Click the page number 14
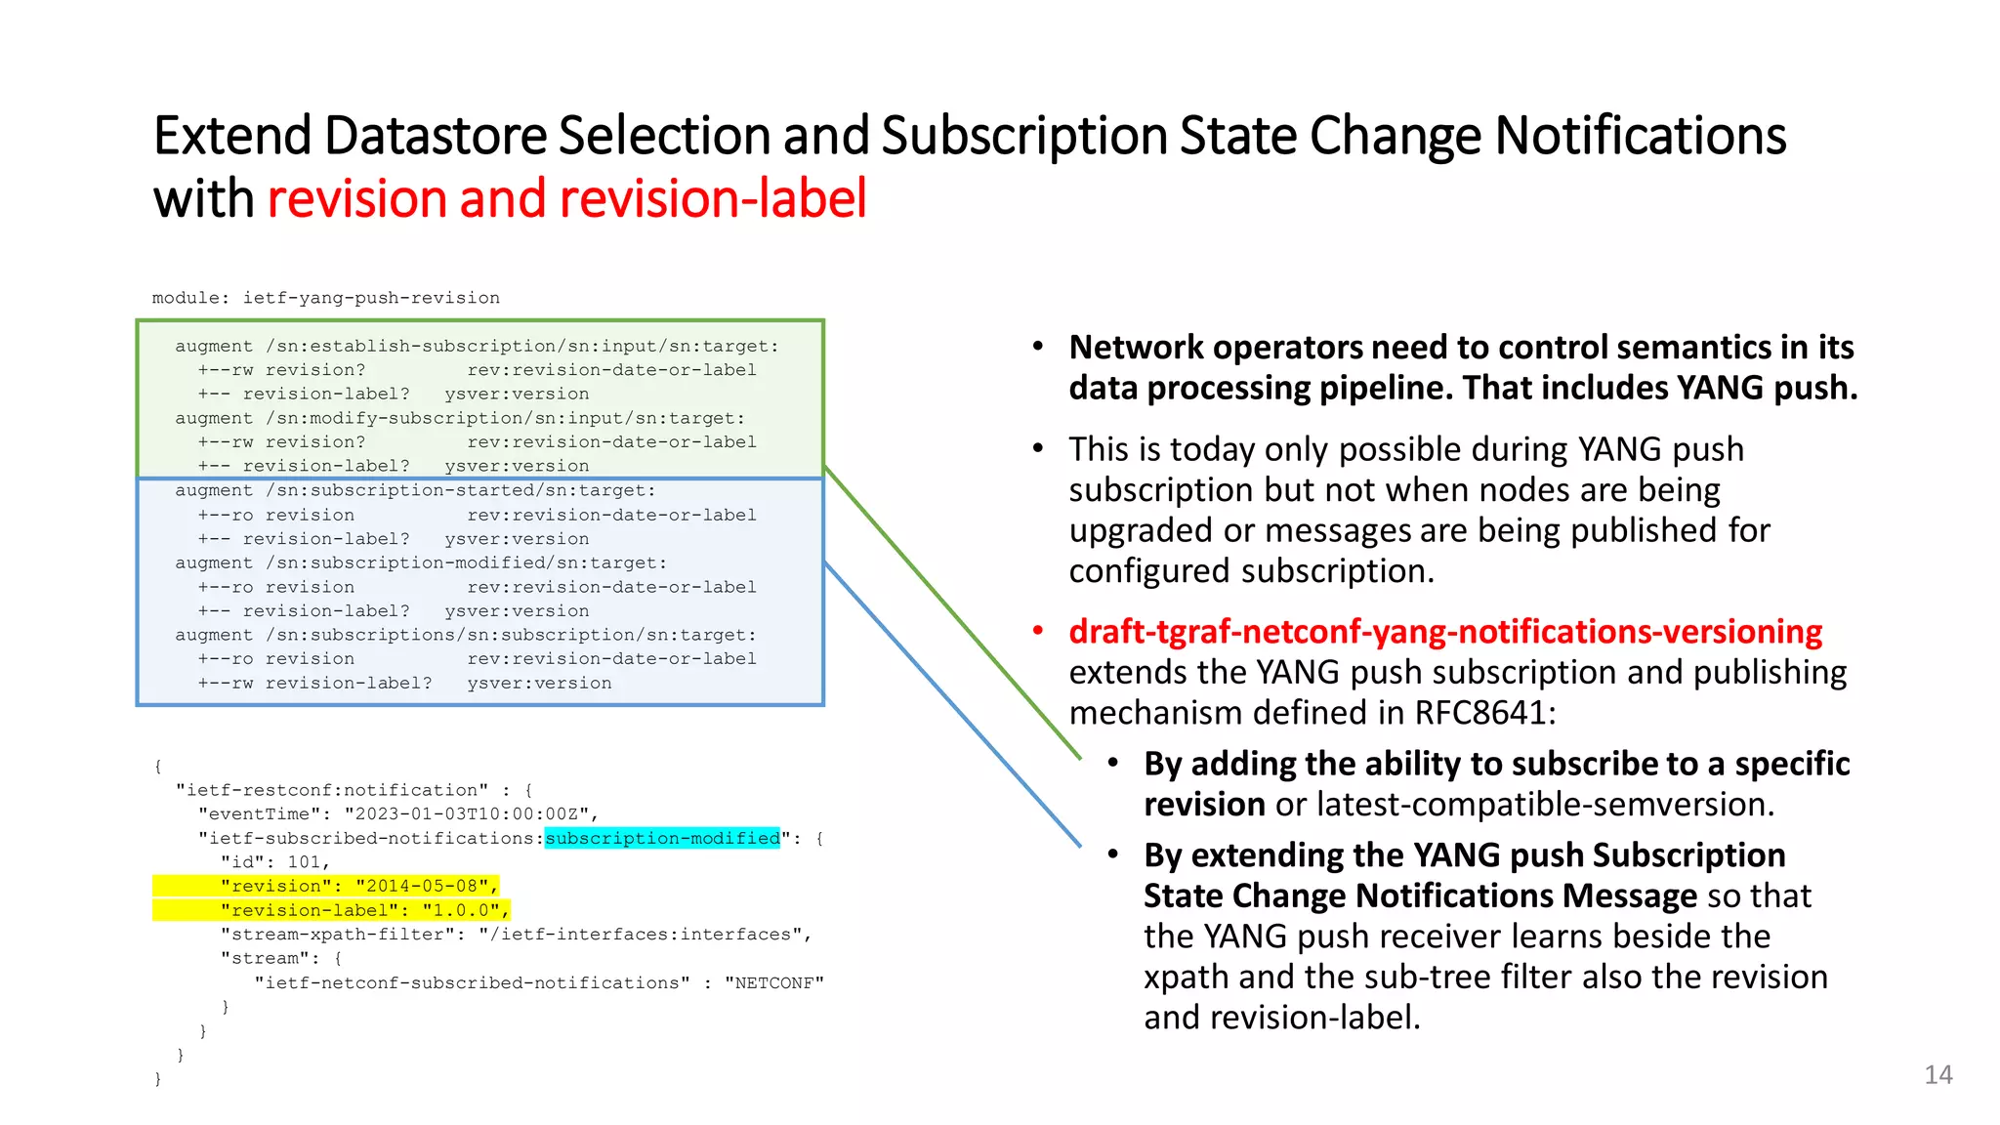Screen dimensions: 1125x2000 (1937, 1075)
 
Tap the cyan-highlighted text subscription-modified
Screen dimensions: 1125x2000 (662, 838)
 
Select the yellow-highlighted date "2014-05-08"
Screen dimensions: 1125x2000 (422, 886)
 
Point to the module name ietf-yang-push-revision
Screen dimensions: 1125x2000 (371, 298)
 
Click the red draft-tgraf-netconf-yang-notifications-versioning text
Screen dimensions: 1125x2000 (1445, 632)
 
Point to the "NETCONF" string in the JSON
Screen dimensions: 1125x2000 (773, 982)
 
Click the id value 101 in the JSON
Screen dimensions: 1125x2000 (305, 862)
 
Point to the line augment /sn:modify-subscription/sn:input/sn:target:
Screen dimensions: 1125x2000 (460, 418)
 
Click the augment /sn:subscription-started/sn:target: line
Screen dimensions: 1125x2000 (415, 490)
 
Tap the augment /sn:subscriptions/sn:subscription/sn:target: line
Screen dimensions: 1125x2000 (466, 635)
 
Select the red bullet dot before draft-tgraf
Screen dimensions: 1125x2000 (1038, 631)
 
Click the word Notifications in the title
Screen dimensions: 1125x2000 (1641, 135)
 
